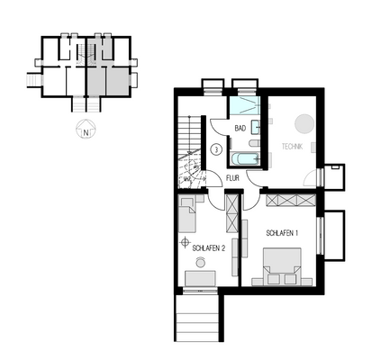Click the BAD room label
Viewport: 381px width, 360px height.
click(x=240, y=129)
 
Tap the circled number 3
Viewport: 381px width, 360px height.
click(x=216, y=149)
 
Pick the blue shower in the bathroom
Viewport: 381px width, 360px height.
click(x=243, y=107)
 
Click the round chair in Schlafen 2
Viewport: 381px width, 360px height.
click(x=200, y=262)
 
